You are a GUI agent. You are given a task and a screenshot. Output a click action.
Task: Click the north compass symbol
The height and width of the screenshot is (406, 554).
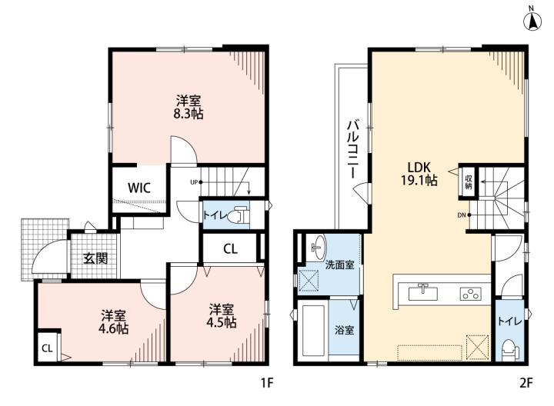point(532,20)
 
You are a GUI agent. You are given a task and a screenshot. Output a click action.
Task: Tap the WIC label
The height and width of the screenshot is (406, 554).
point(139,188)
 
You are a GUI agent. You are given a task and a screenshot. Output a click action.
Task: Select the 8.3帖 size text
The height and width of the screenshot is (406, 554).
point(189,114)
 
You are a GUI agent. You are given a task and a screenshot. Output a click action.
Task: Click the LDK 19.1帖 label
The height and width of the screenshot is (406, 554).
point(419,173)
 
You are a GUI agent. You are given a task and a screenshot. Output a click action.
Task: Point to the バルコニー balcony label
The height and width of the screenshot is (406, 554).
point(353,149)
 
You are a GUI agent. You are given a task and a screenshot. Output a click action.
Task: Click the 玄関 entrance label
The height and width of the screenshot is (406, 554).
point(95,259)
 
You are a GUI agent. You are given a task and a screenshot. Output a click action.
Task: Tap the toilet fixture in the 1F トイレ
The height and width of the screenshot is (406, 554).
point(236,215)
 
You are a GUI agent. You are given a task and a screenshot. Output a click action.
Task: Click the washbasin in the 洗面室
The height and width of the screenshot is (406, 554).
point(319,246)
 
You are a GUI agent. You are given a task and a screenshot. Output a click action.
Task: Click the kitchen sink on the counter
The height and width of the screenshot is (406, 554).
point(423,293)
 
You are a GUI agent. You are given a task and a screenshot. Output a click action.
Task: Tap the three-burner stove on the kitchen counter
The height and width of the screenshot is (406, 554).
point(471,294)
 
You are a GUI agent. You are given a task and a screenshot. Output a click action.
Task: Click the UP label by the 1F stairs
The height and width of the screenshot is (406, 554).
point(194,182)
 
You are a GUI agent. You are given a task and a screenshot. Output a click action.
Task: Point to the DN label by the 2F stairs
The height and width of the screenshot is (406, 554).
point(462,215)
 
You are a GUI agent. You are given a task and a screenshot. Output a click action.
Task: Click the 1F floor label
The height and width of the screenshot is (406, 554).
point(268,383)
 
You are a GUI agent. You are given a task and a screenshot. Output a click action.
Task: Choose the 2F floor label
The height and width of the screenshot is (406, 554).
point(526,383)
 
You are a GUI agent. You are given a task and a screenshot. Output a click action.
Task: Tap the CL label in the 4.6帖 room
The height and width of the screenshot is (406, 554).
point(47,348)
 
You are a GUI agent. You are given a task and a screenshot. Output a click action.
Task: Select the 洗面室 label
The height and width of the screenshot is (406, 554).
point(339,265)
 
